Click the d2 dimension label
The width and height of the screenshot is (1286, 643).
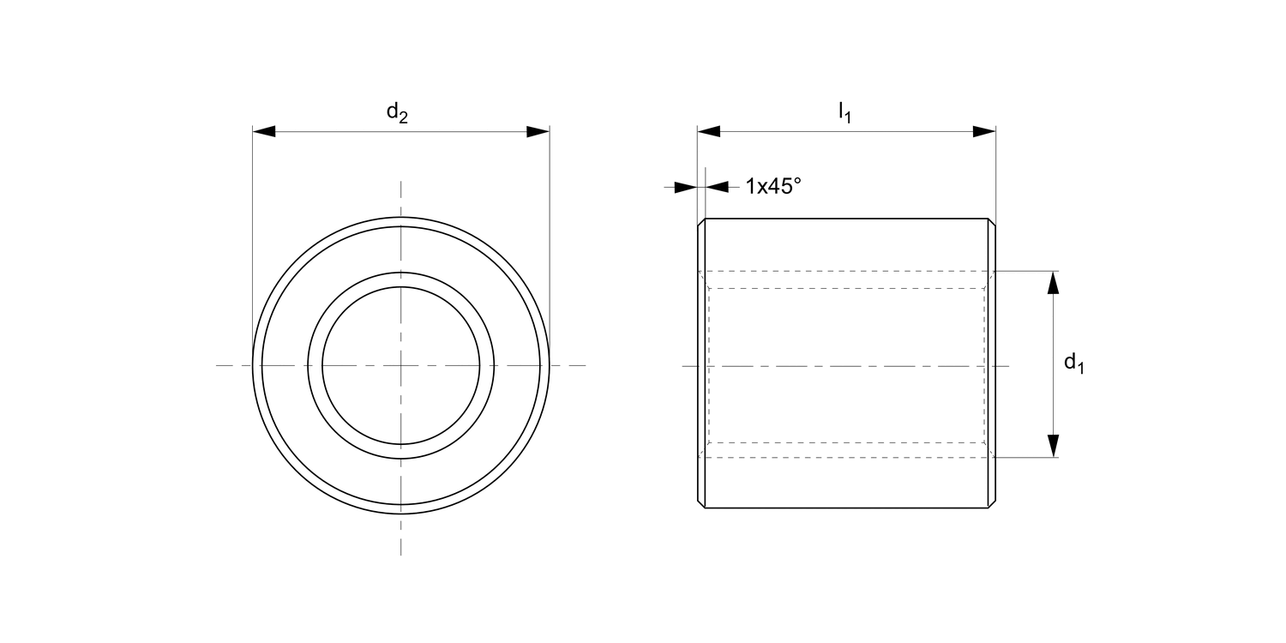pos(396,112)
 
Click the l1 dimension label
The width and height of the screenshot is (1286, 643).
pos(844,112)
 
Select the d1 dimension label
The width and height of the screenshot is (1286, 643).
pos(1073,364)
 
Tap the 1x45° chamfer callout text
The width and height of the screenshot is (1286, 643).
pos(772,185)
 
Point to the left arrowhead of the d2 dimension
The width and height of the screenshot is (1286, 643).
pos(263,132)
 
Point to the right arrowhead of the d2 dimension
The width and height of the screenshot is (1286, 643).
pos(538,132)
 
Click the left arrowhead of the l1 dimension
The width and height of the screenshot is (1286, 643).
pos(709,132)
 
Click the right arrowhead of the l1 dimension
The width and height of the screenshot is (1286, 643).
pos(984,132)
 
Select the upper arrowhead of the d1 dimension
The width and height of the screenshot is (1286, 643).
pos(1054,282)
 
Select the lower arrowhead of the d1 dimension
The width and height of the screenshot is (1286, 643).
pos(1054,446)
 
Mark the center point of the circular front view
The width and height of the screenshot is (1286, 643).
pos(400,366)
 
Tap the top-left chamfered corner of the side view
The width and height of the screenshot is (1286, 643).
pos(701,222)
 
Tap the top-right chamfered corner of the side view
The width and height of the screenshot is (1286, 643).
pos(992,222)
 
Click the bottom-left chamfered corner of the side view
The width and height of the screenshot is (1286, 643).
pos(701,505)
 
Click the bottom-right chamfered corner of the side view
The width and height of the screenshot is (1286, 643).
pos(992,505)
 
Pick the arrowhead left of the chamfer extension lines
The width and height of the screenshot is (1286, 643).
pos(686,187)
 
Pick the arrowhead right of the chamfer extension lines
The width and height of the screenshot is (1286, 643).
pos(717,187)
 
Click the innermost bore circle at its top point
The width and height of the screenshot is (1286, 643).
pos(400,287)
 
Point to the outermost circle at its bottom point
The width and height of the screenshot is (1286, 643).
pos(400,514)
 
